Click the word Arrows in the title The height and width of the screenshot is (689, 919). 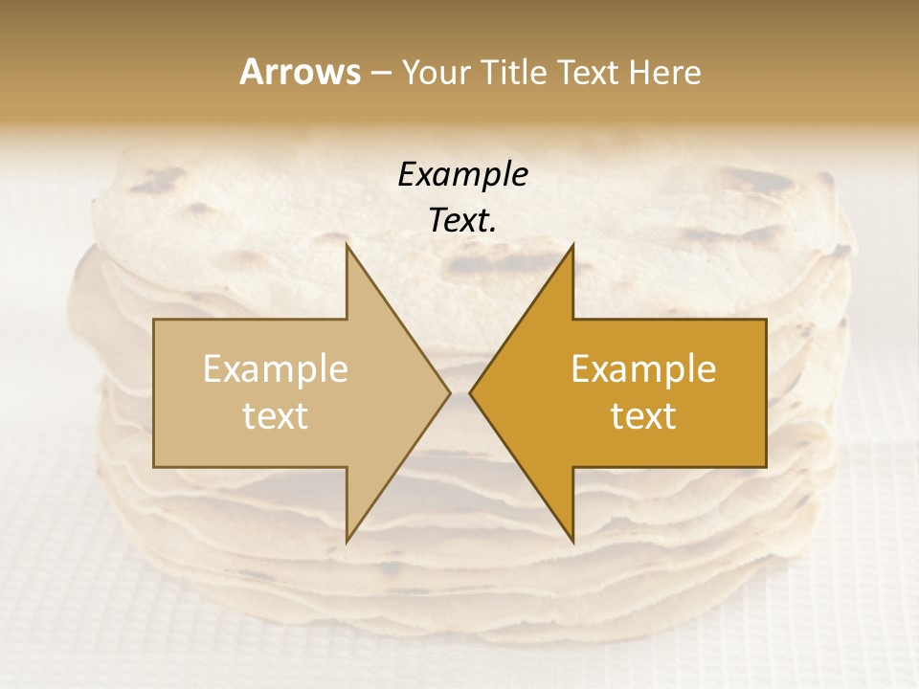(301, 72)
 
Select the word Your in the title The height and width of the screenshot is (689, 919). (437, 73)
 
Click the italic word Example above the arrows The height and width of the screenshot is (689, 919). (462, 175)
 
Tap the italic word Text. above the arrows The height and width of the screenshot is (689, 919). (462, 221)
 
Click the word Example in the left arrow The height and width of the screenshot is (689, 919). (275, 369)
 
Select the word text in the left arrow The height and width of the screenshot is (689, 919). (275, 416)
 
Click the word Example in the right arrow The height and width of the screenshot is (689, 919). (643, 369)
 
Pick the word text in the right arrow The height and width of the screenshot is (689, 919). (643, 416)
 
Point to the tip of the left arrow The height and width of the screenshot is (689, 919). (449, 392)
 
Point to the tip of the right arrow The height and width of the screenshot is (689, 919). (470, 392)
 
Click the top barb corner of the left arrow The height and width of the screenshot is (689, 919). (347, 245)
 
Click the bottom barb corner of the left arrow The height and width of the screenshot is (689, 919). (347, 541)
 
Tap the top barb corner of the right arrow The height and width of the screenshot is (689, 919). (572, 245)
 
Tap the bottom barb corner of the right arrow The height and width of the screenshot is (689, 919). (572, 541)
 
